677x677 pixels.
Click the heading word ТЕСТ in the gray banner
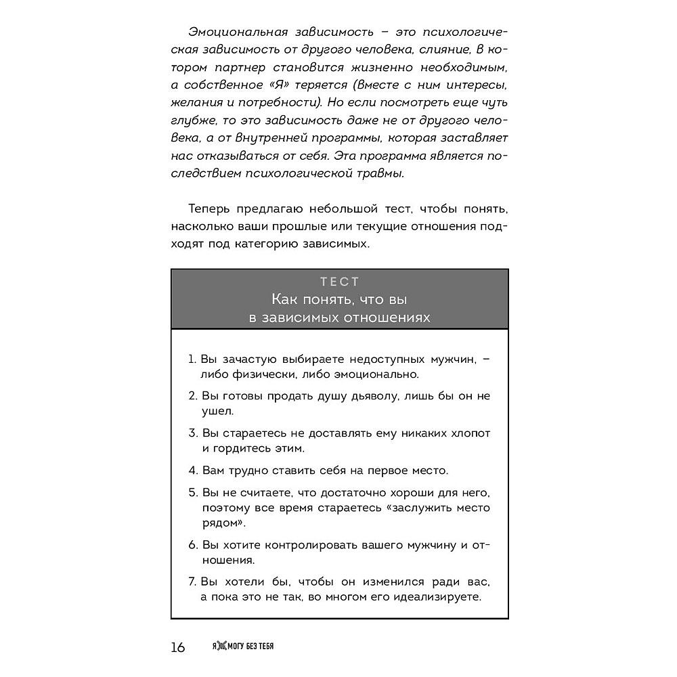[339, 282]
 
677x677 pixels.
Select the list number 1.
[191, 359]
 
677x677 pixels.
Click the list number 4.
[192, 469]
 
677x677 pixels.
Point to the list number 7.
[192, 582]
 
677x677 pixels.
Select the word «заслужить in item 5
[427, 507]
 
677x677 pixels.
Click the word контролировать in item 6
[313, 544]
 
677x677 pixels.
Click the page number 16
[178, 647]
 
